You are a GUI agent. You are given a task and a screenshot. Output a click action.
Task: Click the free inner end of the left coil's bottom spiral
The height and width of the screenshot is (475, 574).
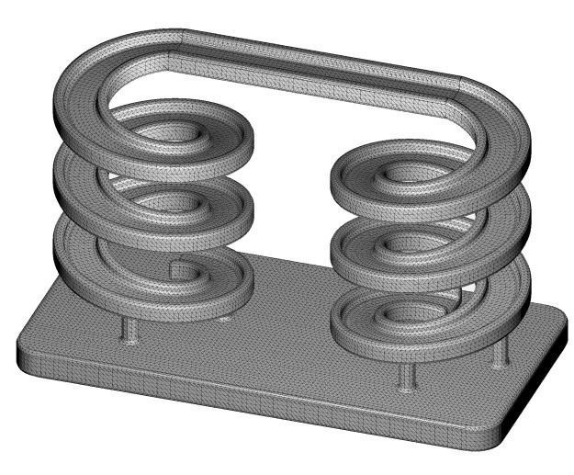point(174,267)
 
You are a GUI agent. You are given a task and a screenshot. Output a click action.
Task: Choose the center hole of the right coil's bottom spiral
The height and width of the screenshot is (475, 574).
point(404,313)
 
